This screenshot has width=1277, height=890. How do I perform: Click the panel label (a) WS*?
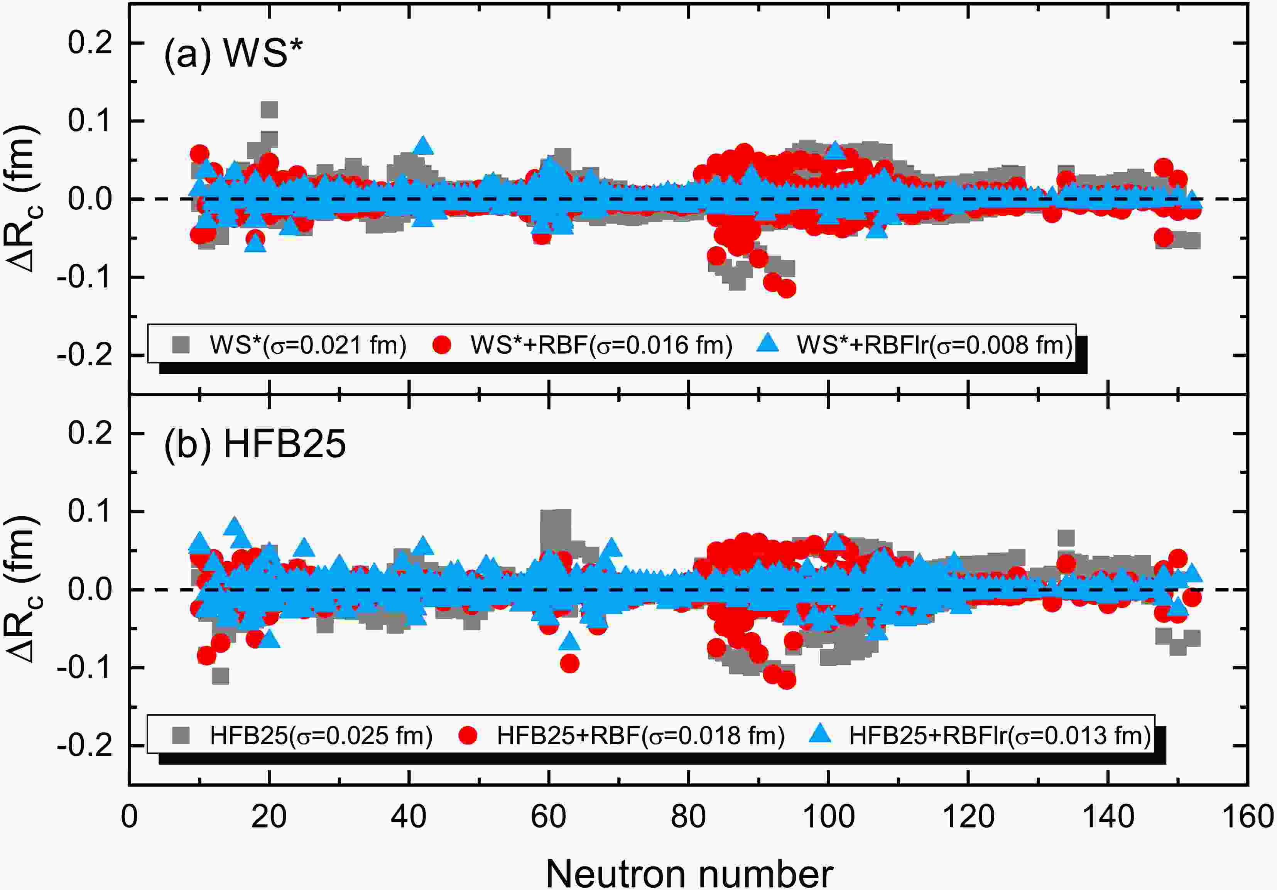233,54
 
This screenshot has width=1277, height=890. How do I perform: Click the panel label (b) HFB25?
255,445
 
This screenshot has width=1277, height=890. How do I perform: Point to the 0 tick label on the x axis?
129,817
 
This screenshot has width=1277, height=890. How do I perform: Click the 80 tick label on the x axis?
689,817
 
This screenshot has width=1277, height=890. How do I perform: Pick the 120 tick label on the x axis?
968,817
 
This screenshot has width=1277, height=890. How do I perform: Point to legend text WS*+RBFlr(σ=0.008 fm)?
934,345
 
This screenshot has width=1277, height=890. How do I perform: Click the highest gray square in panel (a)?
269,110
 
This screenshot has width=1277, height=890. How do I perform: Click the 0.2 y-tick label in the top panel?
91,43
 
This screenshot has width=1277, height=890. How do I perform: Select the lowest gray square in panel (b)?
221,676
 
